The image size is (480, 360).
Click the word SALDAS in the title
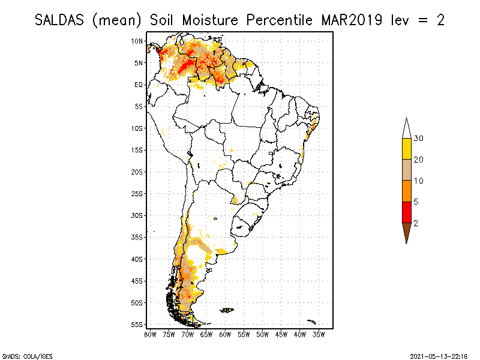coord(61,19)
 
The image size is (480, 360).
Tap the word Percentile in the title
coord(278,19)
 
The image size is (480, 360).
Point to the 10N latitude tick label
coord(137,41)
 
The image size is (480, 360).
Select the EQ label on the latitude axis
coord(139,85)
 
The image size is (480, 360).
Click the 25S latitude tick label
coord(137,193)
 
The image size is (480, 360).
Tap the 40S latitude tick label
coord(137,259)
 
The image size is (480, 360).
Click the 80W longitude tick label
coord(150,334)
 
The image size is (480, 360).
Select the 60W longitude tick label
coord(226,334)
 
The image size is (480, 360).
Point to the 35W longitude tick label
coord(319,334)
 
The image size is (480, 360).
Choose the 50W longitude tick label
coord(263,334)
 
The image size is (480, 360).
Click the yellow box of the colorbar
coord(406,149)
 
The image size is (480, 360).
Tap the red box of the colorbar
coord(406,212)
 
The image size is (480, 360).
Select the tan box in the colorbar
coord(406,170)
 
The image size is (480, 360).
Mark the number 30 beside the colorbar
coord(419,139)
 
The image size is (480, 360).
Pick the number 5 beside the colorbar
coord(416,202)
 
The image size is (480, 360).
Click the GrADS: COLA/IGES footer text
coord(20,355)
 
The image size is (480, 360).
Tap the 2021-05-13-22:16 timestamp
coord(439,355)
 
